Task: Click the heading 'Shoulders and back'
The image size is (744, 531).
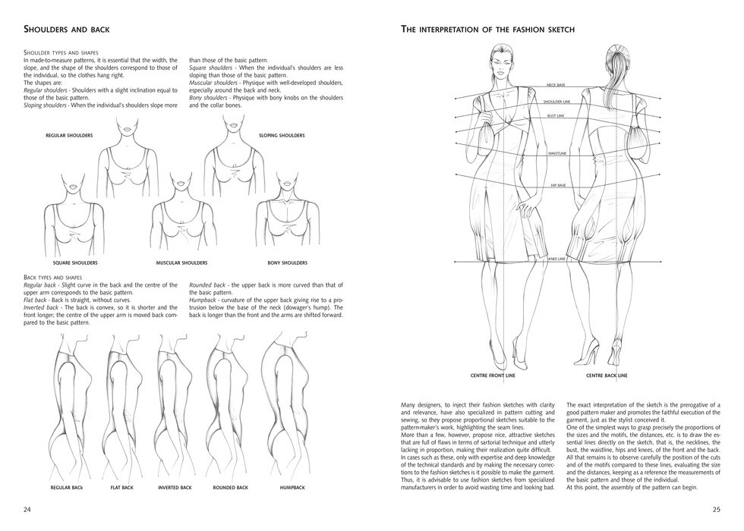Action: [67, 30]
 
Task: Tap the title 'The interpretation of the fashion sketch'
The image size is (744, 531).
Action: [487, 30]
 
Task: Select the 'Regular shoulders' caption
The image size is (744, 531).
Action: [69, 135]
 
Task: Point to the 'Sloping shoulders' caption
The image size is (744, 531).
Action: [282, 135]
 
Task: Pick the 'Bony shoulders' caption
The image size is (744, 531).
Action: [287, 262]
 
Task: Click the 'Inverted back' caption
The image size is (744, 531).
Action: [174, 487]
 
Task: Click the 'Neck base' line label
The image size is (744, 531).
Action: [557, 85]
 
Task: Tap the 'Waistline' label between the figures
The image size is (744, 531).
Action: [558, 154]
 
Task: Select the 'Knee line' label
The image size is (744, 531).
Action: [557, 259]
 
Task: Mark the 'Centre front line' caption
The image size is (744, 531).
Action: [493, 375]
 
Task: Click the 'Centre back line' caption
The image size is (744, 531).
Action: [606, 375]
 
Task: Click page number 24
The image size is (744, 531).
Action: [27, 508]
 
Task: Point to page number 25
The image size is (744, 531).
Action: [716, 508]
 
